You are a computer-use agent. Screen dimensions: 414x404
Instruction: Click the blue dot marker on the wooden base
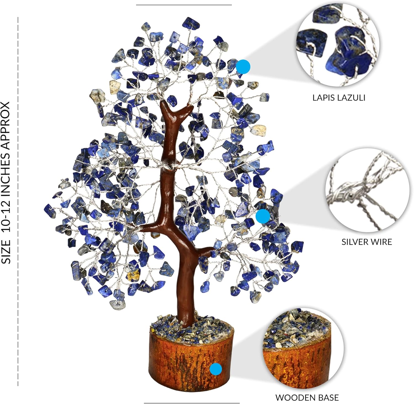click(x=216, y=369)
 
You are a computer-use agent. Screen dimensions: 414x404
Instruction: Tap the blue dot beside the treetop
click(x=243, y=67)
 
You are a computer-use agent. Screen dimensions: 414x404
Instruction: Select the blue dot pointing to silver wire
click(x=262, y=216)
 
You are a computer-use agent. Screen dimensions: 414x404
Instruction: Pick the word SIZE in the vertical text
click(x=6, y=252)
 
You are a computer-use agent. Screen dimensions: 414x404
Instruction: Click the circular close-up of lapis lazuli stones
click(x=338, y=44)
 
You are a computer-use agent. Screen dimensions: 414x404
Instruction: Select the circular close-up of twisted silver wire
click(x=367, y=190)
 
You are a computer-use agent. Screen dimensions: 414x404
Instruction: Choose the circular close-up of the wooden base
click(x=303, y=348)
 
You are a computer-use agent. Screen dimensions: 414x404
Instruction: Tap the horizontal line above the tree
click(x=184, y=5)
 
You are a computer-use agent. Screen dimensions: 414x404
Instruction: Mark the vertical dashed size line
click(x=18, y=201)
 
